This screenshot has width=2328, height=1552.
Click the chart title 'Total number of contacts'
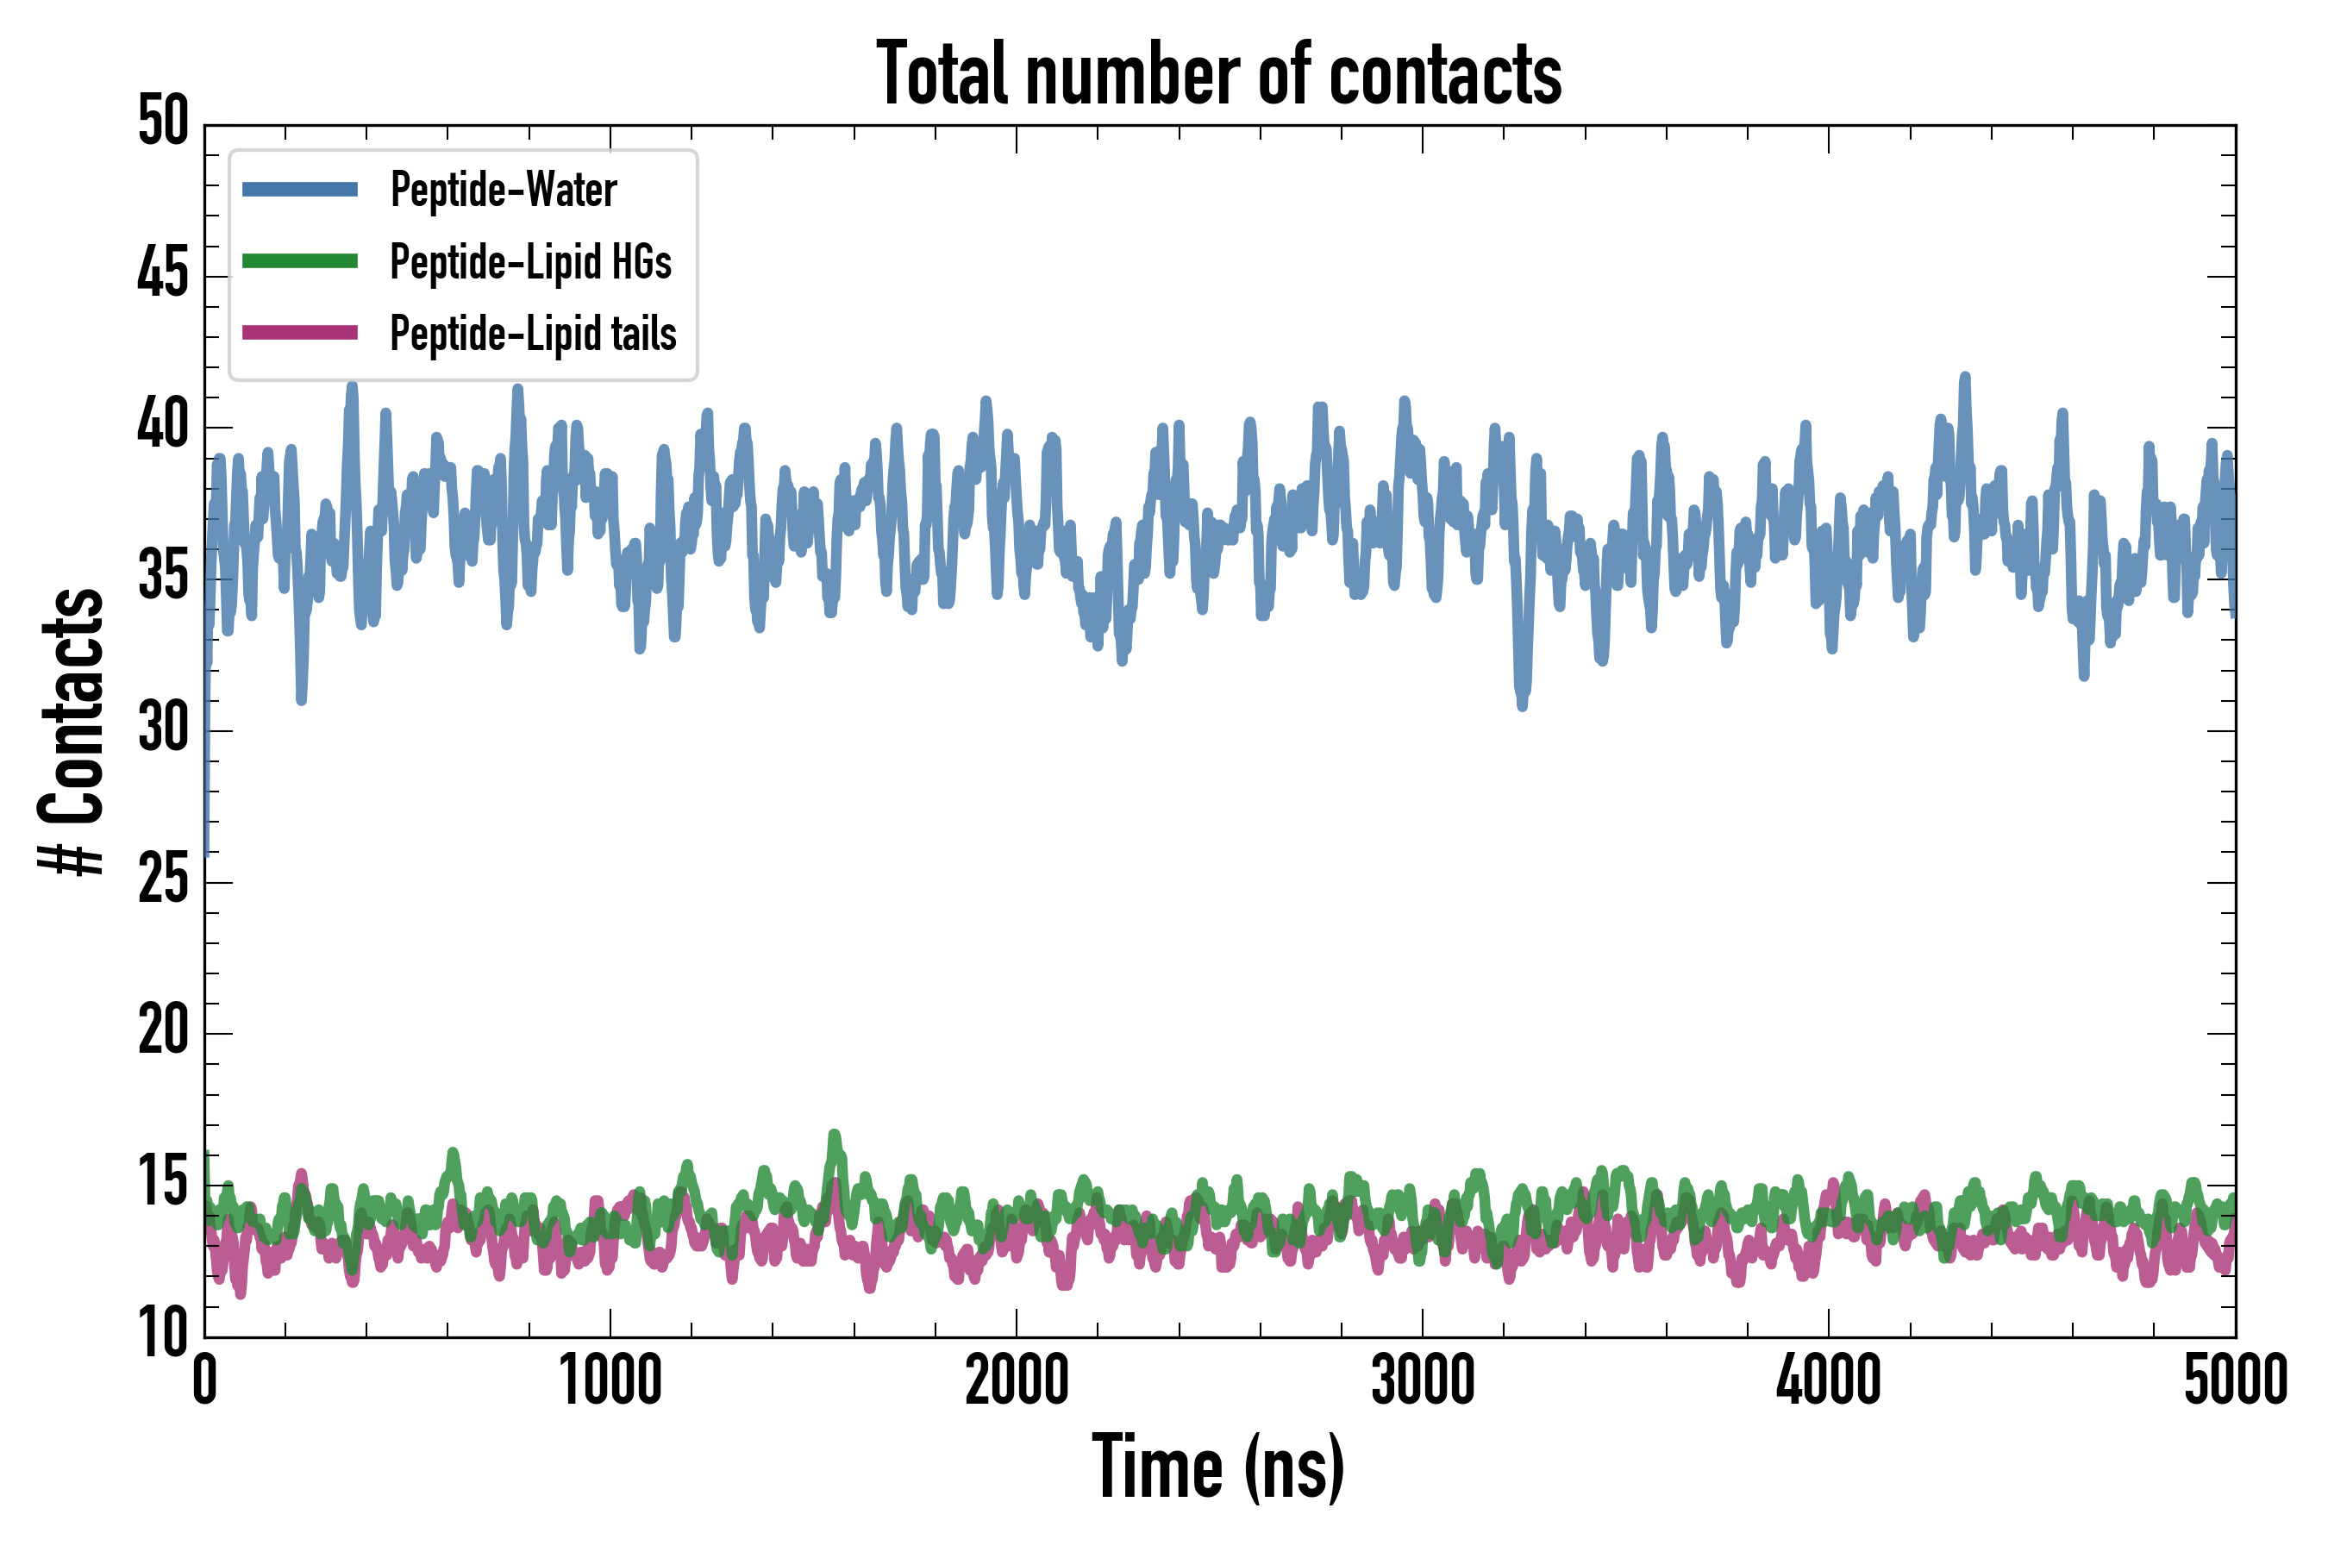point(1218,74)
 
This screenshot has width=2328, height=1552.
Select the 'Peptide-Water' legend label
point(503,189)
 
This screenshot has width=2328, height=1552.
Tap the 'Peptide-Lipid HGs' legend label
point(530,261)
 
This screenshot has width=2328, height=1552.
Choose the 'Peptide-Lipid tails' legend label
point(533,334)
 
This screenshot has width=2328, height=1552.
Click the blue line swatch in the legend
point(300,189)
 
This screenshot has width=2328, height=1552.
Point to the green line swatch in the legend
point(300,261)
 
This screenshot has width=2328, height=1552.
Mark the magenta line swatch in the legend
point(300,333)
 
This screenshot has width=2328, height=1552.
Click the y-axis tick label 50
point(163,122)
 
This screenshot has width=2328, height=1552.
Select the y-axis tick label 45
point(163,274)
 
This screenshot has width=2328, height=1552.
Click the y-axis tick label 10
point(163,1334)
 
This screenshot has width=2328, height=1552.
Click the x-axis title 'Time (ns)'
point(1218,1468)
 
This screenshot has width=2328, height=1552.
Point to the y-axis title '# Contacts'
point(72,731)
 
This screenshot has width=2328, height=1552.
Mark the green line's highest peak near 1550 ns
point(835,1136)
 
